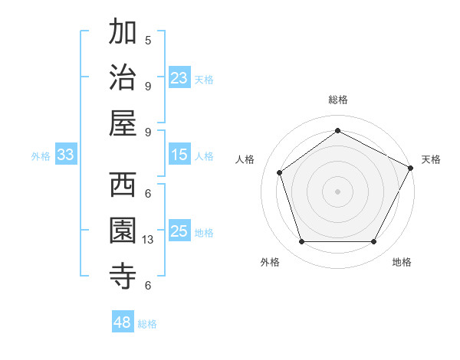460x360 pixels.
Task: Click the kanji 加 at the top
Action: coord(123,33)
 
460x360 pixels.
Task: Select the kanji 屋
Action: coord(123,123)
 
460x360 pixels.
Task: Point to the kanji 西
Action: coord(123,186)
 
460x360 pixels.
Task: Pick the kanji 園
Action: coord(123,231)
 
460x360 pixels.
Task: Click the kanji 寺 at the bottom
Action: coord(123,276)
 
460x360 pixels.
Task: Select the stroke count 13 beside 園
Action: coord(149,240)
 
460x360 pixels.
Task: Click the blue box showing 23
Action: coord(179,78)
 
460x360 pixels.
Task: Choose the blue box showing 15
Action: coord(179,155)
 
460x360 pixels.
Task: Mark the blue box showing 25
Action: coord(179,231)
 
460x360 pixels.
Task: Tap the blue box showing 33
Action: coord(65,155)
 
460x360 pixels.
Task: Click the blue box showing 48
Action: coord(123,322)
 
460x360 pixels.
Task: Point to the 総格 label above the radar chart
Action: coord(337,100)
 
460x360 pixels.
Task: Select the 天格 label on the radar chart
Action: coord(431,159)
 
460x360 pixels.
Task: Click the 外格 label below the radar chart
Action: coord(270,262)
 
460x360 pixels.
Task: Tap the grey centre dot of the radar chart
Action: coord(337,191)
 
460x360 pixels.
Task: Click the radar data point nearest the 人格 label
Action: coord(280,172)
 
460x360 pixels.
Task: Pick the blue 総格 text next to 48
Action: coord(147,324)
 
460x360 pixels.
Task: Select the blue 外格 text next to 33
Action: coord(41,156)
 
